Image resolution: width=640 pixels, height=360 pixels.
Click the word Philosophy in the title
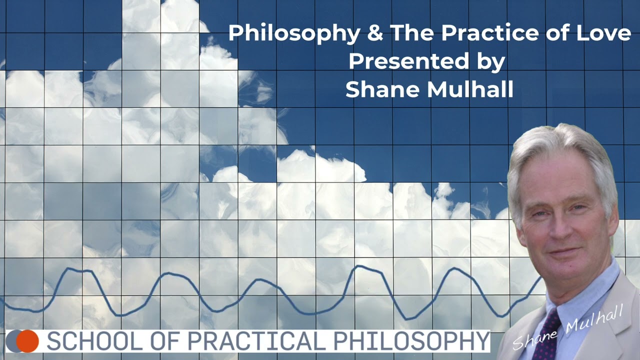click(x=294, y=34)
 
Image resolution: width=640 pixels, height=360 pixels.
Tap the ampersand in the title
click(x=374, y=33)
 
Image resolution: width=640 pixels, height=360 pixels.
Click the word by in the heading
click(x=489, y=61)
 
